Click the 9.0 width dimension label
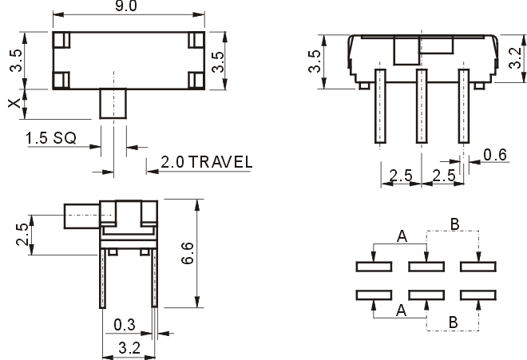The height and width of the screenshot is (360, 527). (126, 6)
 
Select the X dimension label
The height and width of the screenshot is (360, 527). (14, 104)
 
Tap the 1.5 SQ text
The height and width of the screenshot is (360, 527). (51, 138)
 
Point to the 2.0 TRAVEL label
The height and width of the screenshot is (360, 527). (206, 162)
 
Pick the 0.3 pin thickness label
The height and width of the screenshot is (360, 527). (125, 325)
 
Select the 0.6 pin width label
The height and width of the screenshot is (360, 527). (495, 155)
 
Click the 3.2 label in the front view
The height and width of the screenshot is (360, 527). (515, 57)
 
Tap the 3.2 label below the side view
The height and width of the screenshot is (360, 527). (129, 348)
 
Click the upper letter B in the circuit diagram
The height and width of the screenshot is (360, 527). (454, 224)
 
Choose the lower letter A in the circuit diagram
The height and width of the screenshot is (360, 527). (402, 311)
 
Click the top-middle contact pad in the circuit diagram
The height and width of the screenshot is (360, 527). (426, 267)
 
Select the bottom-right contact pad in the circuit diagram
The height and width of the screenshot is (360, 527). (478, 295)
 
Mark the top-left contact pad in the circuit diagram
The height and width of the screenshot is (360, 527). (374, 267)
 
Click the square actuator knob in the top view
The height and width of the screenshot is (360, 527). (113, 104)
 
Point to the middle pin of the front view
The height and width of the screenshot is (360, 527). (422, 106)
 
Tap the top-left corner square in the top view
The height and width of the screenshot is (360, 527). (61, 40)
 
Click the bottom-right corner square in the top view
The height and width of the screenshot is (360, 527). (196, 81)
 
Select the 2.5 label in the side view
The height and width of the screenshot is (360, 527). (22, 235)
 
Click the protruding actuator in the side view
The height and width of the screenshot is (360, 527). (81, 216)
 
